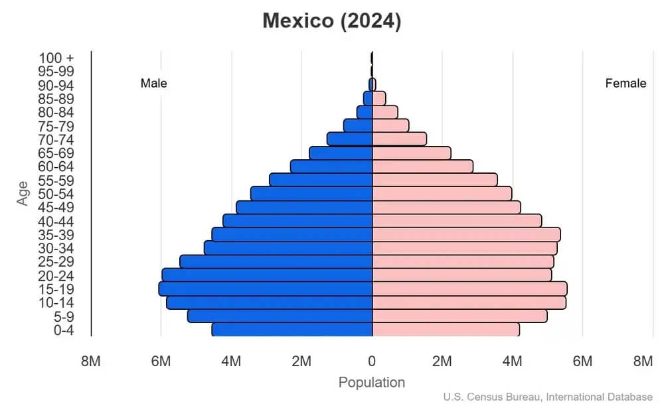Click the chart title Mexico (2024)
coord(332,21)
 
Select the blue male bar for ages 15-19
coord(266,289)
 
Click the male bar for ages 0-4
coord(292,330)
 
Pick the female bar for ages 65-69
coord(412,153)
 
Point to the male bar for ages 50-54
coord(311,194)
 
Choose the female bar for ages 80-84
coord(385,112)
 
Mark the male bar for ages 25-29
coord(276,261)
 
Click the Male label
coord(154,84)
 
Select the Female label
coord(625,84)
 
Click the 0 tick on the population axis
coord(372,362)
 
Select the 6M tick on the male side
coord(161,362)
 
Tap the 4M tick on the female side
coord(512,362)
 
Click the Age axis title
coord(23,194)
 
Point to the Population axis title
coord(372,383)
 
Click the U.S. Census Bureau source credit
coord(548,397)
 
